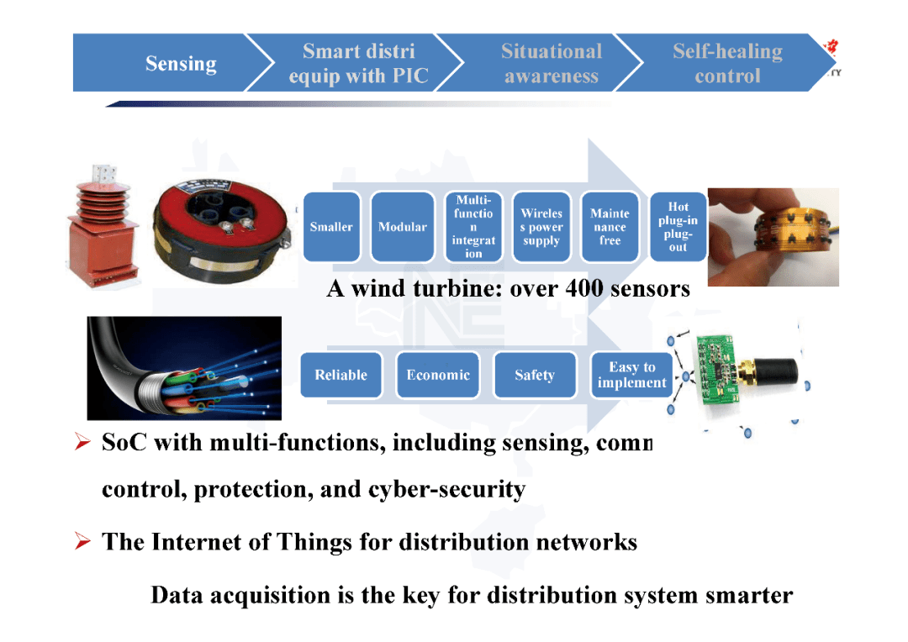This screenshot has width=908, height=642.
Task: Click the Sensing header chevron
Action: pyautogui.click(x=172, y=63)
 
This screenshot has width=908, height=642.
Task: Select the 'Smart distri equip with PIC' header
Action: pyautogui.click(x=358, y=63)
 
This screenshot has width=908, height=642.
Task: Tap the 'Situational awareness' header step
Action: pyautogui.click(x=551, y=63)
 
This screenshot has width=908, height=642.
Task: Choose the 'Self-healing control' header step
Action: pyautogui.click(x=727, y=63)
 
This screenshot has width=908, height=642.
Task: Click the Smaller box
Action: pyautogui.click(x=331, y=227)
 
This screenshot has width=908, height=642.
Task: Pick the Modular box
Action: pyautogui.click(x=402, y=227)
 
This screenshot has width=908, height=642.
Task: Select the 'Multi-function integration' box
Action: pyautogui.click(x=473, y=227)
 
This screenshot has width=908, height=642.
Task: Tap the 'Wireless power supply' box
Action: pyautogui.click(x=541, y=227)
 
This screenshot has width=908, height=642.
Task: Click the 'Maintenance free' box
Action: pyautogui.click(x=610, y=227)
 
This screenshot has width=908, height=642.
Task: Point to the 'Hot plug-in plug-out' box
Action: pyautogui.click(x=678, y=227)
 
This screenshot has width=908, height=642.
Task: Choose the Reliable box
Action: pyautogui.click(x=340, y=375)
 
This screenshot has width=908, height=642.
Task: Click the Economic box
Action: pyautogui.click(x=438, y=375)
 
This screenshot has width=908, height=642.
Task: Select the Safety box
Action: pyautogui.click(x=535, y=375)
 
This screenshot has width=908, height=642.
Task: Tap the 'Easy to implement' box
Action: pyautogui.click(x=631, y=375)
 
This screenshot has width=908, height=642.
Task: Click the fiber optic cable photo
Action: pyautogui.click(x=184, y=367)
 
